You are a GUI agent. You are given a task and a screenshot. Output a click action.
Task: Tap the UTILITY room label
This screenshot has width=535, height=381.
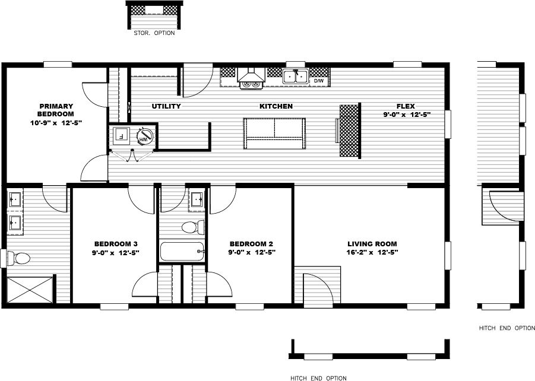pyautogui.click(x=166, y=106)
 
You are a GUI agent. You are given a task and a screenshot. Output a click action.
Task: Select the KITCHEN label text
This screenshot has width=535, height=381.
pyautogui.click(x=276, y=106)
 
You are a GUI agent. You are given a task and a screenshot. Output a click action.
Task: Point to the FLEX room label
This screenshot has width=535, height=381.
pyautogui.click(x=406, y=106)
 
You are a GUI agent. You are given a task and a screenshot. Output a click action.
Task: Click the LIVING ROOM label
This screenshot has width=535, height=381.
pyautogui.click(x=372, y=243)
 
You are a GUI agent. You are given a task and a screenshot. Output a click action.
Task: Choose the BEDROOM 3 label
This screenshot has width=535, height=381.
pyautogui.click(x=116, y=243)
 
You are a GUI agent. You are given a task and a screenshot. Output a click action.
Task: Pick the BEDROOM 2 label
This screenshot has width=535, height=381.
pyautogui.click(x=251, y=243)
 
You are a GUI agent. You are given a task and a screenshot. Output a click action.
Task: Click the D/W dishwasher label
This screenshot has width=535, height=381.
pyautogui.click(x=319, y=80)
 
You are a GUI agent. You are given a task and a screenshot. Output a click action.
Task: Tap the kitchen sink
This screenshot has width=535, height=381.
pyautogui.click(x=295, y=77)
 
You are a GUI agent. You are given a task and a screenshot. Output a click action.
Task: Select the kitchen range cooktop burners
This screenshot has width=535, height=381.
pyautogui.click(x=251, y=84)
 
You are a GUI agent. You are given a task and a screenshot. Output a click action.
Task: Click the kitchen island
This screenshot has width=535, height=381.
pyautogui.click(x=274, y=134)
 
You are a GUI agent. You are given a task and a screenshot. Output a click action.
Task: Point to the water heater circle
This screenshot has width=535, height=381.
pyautogui.click(x=144, y=138)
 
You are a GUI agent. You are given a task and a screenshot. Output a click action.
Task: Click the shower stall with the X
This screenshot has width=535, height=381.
pyautogui.click(x=30, y=290)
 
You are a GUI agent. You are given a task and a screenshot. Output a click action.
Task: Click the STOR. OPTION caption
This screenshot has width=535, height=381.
pyautogui.click(x=154, y=33)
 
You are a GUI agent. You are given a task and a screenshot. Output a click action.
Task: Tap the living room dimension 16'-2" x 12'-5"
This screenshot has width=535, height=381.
pyautogui.click(x=372, y=252)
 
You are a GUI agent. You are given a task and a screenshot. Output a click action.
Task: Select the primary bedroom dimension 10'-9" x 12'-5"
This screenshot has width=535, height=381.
pyautogui.click(x=56, y=123)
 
